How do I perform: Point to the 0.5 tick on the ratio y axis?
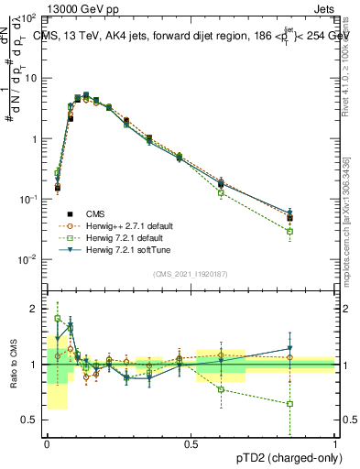point(32,420)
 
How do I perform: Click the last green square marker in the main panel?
point(289,232)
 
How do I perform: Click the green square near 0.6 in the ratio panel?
point(221,389)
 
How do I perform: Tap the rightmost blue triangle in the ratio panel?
point(289,348)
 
